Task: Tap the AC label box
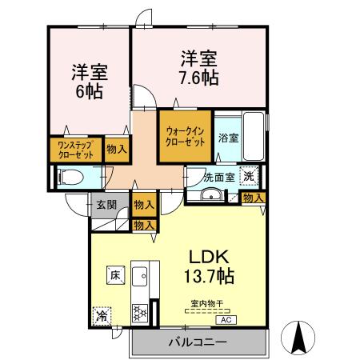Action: click(225, 318)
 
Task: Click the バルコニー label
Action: click(196, 342)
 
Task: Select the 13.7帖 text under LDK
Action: click(210, 278)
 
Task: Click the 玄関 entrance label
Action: click(106, 205)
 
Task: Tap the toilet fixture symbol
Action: click(69, 176)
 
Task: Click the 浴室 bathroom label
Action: click(228, 138)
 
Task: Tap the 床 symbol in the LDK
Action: click(115, 275)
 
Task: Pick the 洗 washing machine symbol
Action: click(250, 176)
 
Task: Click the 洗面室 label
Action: click(217, 177)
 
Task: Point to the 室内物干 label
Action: click(206, 304)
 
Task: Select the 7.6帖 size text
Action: click(198, 78)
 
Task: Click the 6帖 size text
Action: click(90, 92)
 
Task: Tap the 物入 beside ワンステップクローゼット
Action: click(116, 150)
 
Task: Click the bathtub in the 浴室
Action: click(252, 136)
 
